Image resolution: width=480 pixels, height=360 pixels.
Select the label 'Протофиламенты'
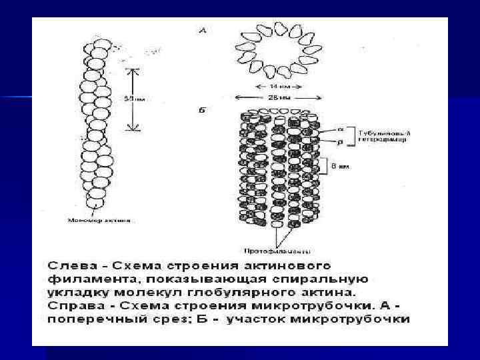[286, 252]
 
